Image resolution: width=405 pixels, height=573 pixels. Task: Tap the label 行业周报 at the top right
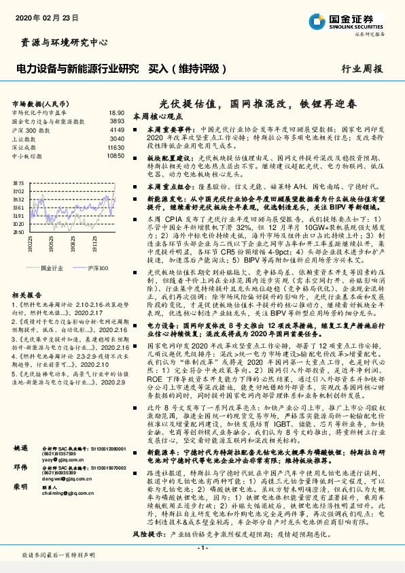pyautogui.click(x=362, y=69)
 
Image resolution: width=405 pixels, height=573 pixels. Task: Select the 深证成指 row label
pyautogui.click(x=25, y=147)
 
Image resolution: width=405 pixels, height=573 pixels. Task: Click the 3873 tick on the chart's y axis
pyautogui.click(x=19, y=184)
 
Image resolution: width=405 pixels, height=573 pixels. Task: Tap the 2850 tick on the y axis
pyautogui.click(x=19, y=231)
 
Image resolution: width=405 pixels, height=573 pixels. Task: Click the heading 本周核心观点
pyautogui.click(x=158, y=116)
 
